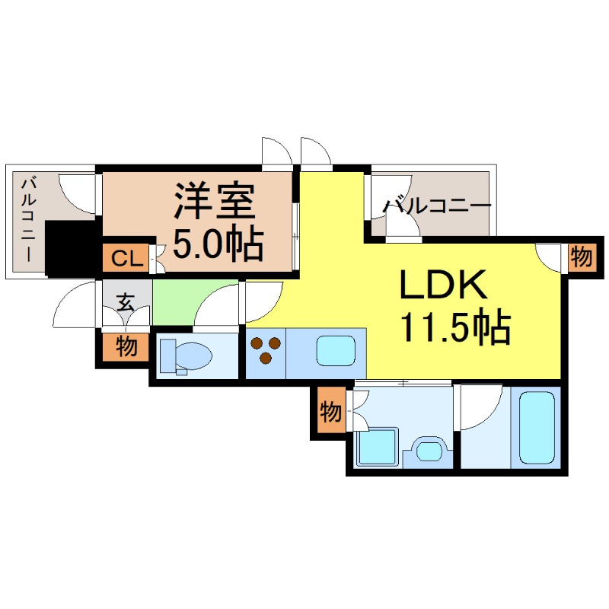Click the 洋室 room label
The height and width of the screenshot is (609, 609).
pos(215,201)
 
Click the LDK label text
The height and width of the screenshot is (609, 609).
pos(443,284)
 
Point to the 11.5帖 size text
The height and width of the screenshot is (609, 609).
pos(455,327)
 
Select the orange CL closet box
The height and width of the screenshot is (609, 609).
pos(126,258)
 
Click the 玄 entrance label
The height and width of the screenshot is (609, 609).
pos(126,301)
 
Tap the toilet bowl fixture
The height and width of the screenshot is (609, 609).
pos(186,356)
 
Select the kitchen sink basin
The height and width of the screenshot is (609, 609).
pos(336,351)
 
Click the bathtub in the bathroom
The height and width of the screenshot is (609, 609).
pos(537,428)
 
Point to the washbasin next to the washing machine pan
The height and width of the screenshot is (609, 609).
pos(428,451)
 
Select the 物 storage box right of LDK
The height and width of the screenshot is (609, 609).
pos(582,257)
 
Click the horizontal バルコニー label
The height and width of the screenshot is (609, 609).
pos(437,206)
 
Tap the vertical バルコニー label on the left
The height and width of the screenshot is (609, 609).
pos(28,220)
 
